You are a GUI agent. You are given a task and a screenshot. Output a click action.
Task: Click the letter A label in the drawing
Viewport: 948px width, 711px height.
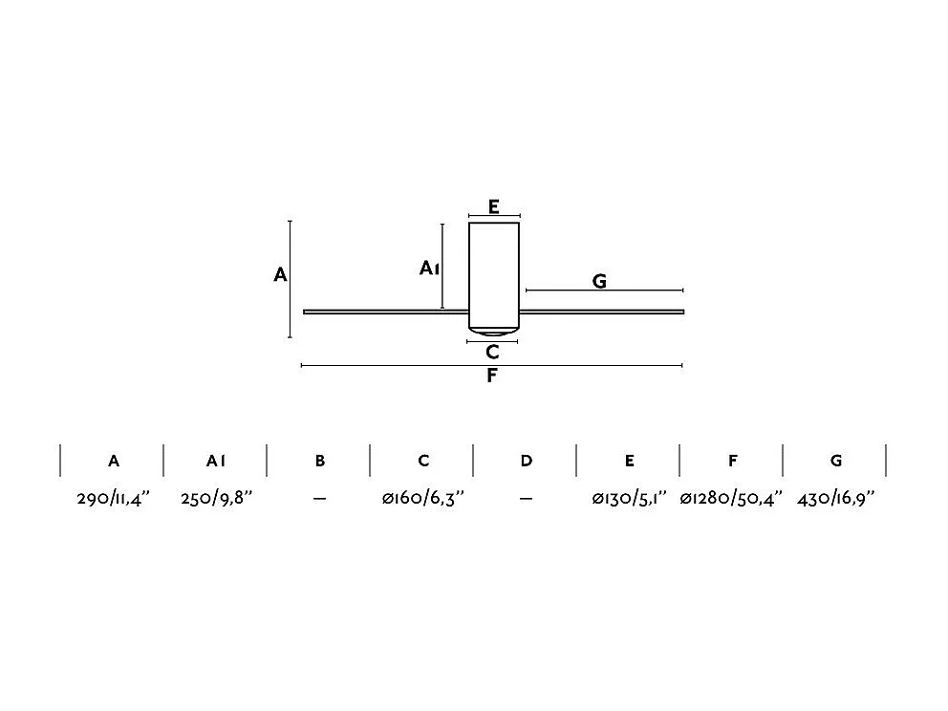click(x=280, y=275)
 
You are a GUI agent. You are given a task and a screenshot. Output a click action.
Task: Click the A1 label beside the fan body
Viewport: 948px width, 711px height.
click(x=429, y=269)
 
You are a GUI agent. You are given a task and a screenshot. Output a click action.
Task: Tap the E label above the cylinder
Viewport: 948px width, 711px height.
click(x=493, y=206)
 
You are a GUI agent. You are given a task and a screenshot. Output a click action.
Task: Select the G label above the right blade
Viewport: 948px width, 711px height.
click(x=600, y=281)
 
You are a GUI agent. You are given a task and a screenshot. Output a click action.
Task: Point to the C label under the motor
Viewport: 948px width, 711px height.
click(x=492, y=353)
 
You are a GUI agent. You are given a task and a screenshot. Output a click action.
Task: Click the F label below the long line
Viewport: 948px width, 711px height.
click(x=491, y=376)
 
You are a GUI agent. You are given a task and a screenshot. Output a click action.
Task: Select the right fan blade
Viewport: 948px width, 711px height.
click(x=602, y=312)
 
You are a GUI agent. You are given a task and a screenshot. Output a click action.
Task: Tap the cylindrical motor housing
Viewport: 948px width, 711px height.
click(x=494, y=272)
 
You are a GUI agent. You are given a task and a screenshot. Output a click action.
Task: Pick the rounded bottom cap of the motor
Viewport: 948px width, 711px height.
click(x=494, y=334)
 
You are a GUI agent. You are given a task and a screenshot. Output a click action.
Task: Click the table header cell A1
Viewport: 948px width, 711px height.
click(x=216, y=461)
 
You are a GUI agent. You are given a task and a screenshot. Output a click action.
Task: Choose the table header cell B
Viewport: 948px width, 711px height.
click(x=320, y=461)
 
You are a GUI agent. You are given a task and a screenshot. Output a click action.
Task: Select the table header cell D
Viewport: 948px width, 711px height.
click(x=527, y=461)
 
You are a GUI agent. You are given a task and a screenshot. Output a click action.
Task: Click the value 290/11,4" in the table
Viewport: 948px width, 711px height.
click(x=114, y=499)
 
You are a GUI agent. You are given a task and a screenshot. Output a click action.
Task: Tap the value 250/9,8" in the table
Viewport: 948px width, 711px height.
click(x=217, y=499)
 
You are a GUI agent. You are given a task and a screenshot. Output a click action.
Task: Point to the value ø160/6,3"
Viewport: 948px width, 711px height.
click(x=423, y=499)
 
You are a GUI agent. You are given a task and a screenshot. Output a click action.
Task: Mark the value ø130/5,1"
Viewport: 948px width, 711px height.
click(x=629, y=499)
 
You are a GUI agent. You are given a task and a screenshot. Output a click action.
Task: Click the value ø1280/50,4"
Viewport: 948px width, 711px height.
click(x=731, y=499)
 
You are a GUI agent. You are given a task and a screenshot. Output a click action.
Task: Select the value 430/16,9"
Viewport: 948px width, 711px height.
click(x=835, y=499)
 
